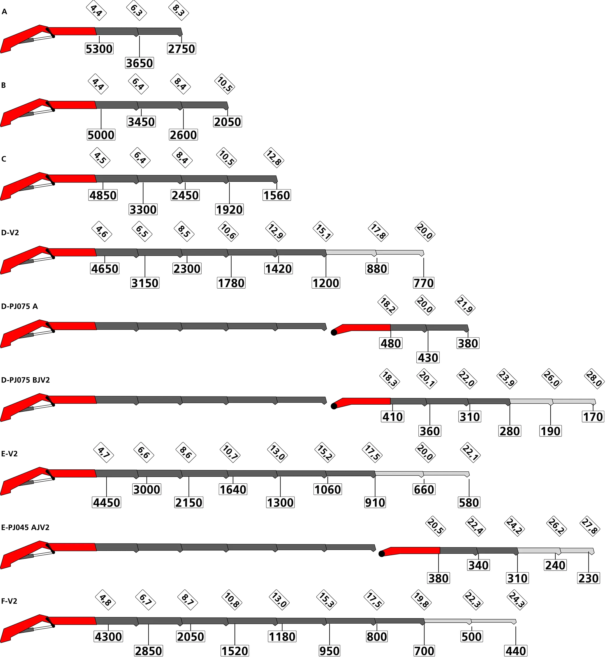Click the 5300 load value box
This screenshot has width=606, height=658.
pos(99,49)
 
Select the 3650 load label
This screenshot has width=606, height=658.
pos(139,63)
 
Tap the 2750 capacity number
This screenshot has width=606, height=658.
pos(181,49)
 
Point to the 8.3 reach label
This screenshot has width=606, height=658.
pos(179,10)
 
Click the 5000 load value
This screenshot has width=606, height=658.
pos(101,135)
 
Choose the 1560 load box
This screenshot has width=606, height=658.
pos(277,195)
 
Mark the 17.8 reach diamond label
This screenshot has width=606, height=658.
pos(378,232)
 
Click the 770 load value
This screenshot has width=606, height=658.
pos(424,283)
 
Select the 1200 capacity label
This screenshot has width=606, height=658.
pos(326,283)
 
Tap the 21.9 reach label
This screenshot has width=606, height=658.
pos(465,305)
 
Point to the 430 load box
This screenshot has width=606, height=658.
pos(428,357)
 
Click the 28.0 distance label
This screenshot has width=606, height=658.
pos(594,379)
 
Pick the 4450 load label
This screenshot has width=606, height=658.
pos(107,502)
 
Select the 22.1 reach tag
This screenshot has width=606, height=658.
pos(470,453)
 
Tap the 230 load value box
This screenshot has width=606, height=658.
pos(589,578)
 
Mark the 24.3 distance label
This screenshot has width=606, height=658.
pos(517,600)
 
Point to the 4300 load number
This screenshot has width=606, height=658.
pos(108,637)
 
